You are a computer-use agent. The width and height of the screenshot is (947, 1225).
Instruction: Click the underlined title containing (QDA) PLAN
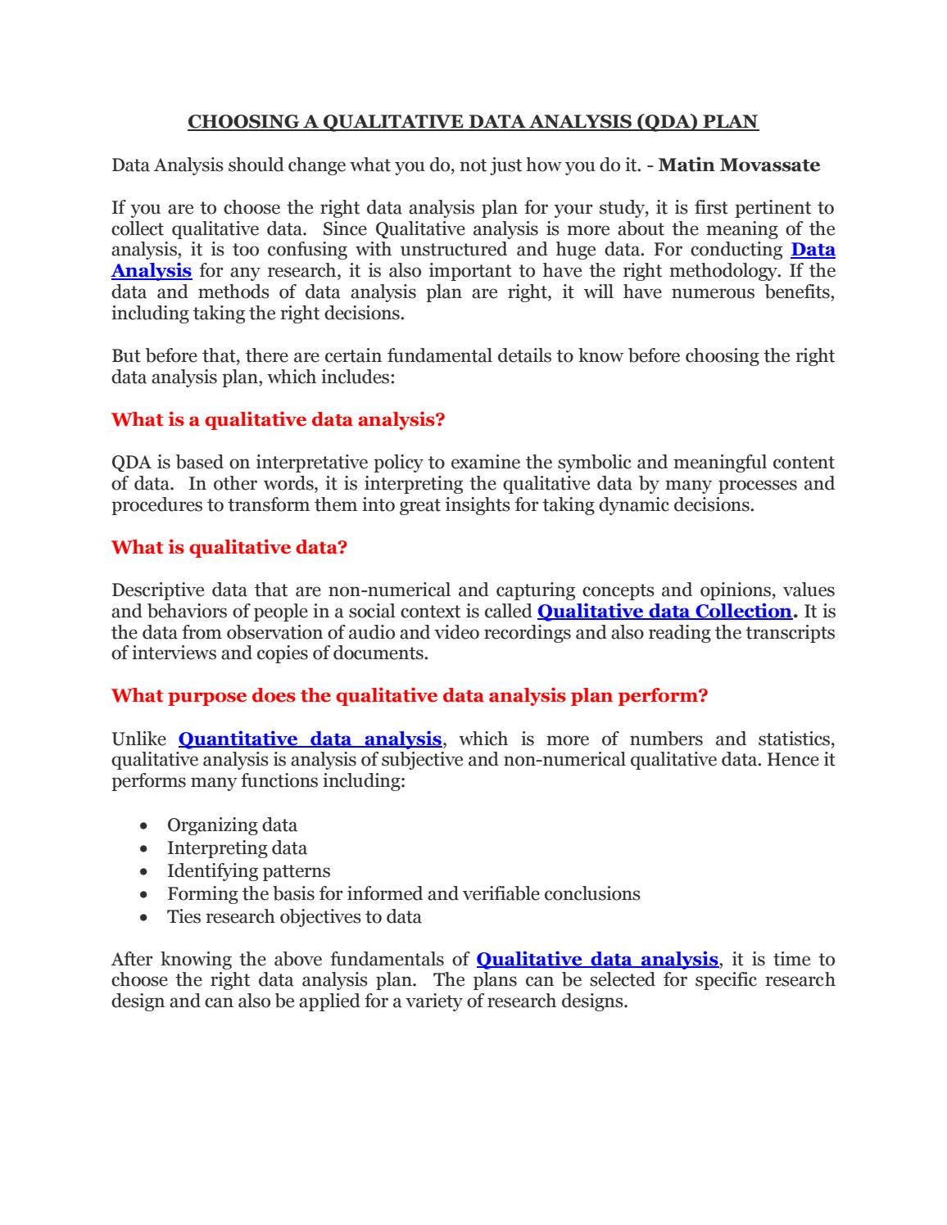click(x=473, y=122)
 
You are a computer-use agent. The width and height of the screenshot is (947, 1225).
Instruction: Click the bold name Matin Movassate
click(x=739, y=165)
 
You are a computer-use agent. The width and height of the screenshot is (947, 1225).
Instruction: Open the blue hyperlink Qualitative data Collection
click(x=664, y=612)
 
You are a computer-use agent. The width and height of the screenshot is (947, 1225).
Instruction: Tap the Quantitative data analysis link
click(x=310, y=739)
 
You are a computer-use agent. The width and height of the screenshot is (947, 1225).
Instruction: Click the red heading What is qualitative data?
click(x=229, y=548)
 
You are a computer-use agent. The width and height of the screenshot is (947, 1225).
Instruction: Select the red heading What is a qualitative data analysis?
click(x=278, y=420)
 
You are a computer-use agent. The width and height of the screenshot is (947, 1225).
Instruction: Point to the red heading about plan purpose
click(x=410, y=696)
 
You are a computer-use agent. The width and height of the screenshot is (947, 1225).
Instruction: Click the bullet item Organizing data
click(x=232, y=825)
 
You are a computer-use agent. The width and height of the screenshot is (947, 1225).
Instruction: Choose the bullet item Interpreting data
click(x=237, y=848)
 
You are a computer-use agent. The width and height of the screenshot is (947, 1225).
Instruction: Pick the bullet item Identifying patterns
click(x=248, y=871)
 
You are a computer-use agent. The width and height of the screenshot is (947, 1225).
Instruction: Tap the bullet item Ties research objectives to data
click(x=294, y=917)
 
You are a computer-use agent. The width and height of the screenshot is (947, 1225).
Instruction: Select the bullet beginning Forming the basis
click(x=403, y=894)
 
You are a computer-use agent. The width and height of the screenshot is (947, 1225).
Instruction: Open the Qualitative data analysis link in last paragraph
click(x=596, y=960)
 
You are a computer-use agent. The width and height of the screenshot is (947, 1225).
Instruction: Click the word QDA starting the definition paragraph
click(x=129, y=463)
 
